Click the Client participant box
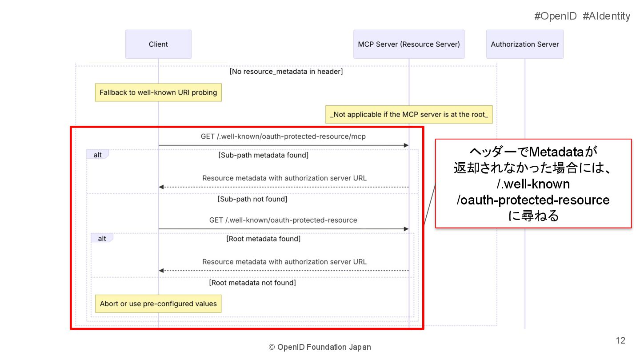(x=158, y=44)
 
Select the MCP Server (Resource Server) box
(x=408, y=44)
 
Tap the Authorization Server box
(x=524, y=44)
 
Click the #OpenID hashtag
(x=555, y=16)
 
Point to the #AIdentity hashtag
(x=606, y=16)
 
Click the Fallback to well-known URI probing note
(x=158, y=93)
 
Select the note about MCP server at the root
(x=409, y=114)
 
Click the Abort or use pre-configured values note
(x=158, y=304)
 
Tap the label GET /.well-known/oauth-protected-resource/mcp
(x=283, y=136)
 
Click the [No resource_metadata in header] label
(x=286, y=71)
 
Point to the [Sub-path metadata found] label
(x=263, y=155)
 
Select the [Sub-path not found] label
(x=252, y=199)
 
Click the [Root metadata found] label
(x=264, y=239)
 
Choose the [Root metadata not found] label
(x=252, y=283)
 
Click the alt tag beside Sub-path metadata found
(x=97, y=155)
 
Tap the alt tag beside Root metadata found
(x=102, y=238)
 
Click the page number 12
(x=620, y=340)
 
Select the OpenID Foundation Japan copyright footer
(x=320, y=347)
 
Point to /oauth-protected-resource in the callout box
(x=533, y=200)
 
